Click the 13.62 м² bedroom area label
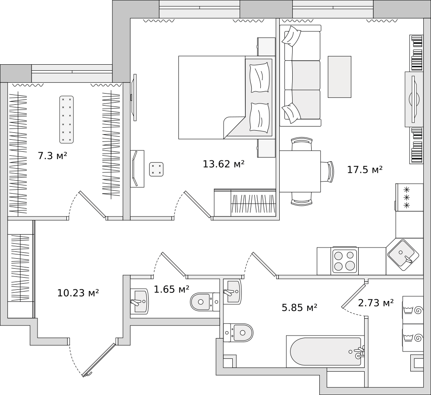coord(223,164)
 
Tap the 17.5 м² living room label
coord(365,170)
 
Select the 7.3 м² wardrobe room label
coord(52,156)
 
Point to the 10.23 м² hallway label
coord(78,293)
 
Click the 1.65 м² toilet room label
coord(172,289)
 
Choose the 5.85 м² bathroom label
coord(300,307)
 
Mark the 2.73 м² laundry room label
coord(376,303)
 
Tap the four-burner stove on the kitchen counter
coord(345,260)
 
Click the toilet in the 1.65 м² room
coord(205,302)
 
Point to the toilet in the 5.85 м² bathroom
coord(238,332)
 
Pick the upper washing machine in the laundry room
coord(413,310)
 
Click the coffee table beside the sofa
coord(340,77)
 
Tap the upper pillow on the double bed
coord(259,78)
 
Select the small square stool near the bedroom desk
coord(156,169)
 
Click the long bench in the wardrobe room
coord(66,119)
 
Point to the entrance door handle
coord(88,373)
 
